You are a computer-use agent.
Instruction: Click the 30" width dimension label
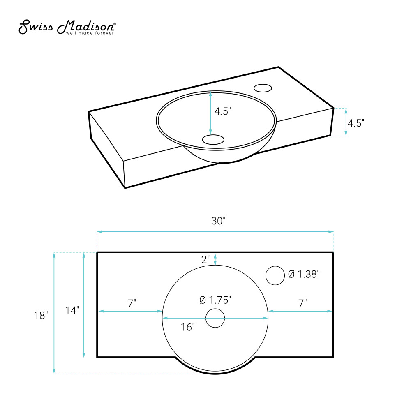[x=219, y=221]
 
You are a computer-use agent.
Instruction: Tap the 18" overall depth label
[x=41, y=315]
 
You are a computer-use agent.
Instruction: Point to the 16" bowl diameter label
[x=187, y=327]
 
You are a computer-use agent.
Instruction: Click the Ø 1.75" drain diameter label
[x=215, y=300]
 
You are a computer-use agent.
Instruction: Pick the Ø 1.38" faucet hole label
[x=304, y=274]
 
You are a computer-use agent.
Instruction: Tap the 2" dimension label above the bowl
[x=206, y=259]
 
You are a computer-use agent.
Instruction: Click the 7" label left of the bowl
[x=132, y=303]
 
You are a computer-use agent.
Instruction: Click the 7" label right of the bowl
[x=302, y=303]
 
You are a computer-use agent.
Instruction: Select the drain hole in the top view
[x=215, y=318]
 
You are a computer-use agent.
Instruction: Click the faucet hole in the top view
[x=275, y=275]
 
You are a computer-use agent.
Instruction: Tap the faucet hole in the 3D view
[x=263, y=88]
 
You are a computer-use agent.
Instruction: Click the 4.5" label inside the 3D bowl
[x=223, y=111]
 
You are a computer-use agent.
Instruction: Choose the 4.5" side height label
[x=356, y=123]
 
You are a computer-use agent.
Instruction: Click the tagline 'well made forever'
[x=90, y=33]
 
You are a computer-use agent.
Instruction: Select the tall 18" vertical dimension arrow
[x=54, y=313]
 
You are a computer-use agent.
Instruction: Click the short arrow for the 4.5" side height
[x=346, y=122]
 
